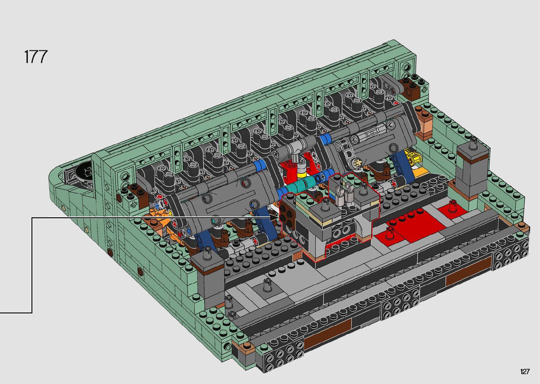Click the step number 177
(36, 57)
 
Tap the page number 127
(525, 371)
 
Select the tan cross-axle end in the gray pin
(357, 164)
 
